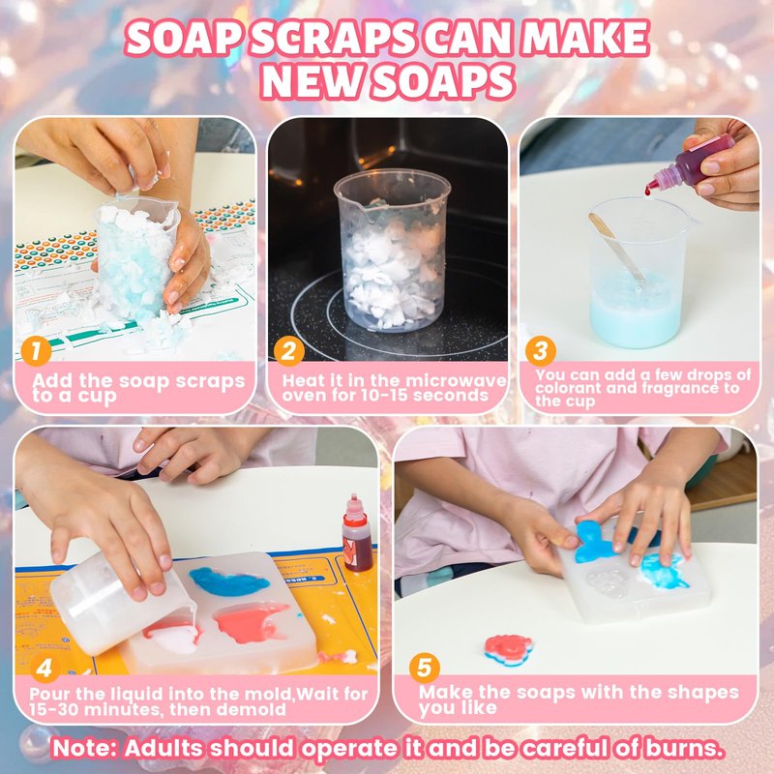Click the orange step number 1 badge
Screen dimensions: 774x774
pos(36,351)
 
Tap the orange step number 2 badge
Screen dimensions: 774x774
pos(288,351)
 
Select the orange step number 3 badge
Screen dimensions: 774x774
pos(541,351)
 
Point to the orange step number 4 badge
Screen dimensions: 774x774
pos(45,669)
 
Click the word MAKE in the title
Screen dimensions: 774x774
pos(585,39)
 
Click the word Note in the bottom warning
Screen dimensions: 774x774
pos(84,748)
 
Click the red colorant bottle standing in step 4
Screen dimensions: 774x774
pos(356,533)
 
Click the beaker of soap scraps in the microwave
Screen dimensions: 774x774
pos(392,251)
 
